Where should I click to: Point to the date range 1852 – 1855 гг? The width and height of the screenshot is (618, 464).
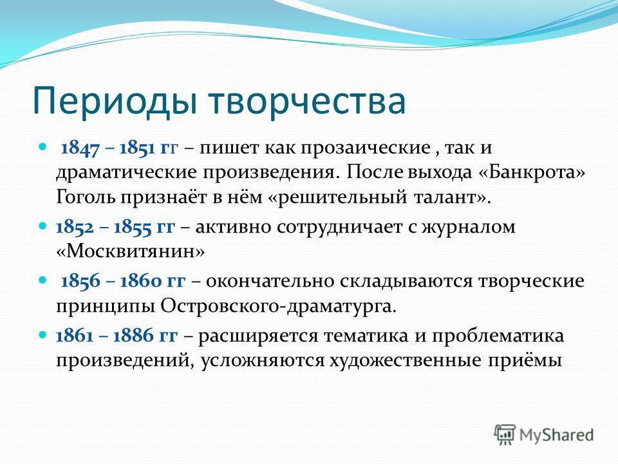(x=115, y=227)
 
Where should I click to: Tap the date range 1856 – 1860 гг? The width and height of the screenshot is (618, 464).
(x=123, y=282)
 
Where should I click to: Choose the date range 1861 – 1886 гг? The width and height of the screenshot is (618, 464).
(x=117, y=336)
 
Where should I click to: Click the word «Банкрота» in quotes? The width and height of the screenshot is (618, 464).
(x=532, y=173)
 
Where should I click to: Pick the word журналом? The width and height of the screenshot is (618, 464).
(x=469, y=227)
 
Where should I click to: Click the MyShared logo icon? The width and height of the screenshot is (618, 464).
(x=505, y=435)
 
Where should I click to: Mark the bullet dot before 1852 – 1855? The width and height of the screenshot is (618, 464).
(x=42, y=227)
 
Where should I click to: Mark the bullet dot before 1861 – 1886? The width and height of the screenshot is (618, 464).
(x=42, y=335)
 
